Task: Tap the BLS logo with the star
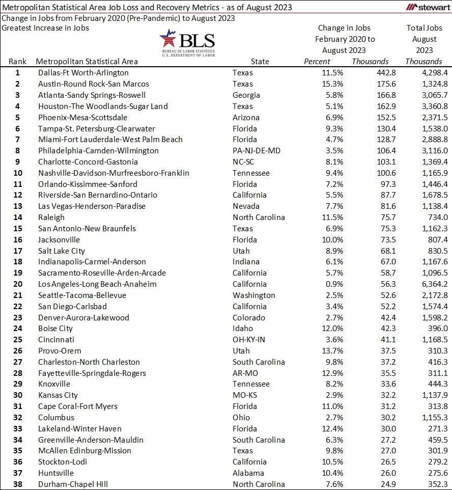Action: click(187, 43)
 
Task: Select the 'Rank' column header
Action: click(18, 62)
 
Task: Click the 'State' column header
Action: click(260, 62)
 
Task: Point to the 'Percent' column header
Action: click(317, 62)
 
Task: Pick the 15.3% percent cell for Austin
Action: click(333, 84)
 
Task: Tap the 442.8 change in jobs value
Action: click(386, 73)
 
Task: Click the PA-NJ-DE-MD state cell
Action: click(257, 151)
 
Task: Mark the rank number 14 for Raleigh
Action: click(17, 217)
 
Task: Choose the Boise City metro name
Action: click(55, 329)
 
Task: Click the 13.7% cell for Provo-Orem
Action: click(332, 351)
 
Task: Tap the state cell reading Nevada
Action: click(246, 206)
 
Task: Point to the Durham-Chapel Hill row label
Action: click(73, 484)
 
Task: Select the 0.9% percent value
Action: click(334, 284)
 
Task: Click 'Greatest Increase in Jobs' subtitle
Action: click(45, 28)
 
